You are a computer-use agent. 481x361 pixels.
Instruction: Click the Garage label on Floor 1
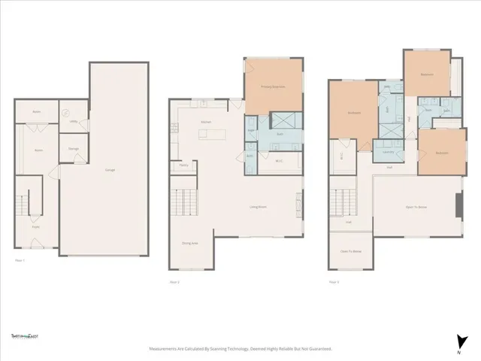(110, 170)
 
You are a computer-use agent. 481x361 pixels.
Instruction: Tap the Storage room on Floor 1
(73, 149)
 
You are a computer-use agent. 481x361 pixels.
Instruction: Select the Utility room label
(74, 121)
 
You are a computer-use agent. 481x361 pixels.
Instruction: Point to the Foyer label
(35, 226)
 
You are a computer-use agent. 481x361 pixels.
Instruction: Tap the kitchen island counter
(212, 135)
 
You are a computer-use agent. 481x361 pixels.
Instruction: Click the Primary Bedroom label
(272, 86)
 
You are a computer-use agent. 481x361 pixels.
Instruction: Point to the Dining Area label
(190, 243)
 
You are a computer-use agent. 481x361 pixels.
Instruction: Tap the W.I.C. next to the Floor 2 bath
(278, 160)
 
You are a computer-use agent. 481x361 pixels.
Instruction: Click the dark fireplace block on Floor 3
(457, 205)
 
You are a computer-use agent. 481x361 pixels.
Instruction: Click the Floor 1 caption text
(20, 259)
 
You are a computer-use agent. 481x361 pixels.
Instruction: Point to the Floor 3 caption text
(334, 282)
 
